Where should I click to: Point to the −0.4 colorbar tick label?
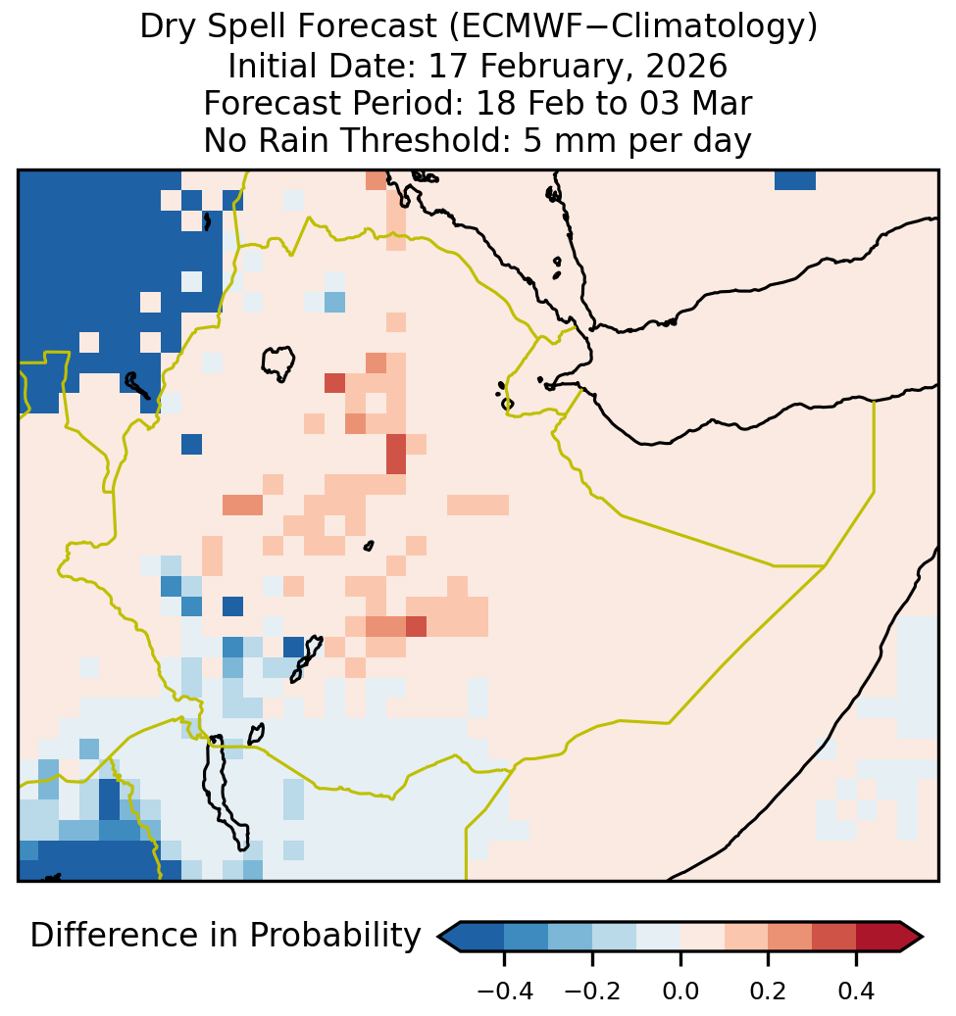pos(505,992)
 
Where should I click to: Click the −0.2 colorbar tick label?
pos(592,992)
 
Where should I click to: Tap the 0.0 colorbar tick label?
pos(680,992)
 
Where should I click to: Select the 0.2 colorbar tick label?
pos(768,992)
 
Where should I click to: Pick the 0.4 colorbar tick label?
pos(856,992)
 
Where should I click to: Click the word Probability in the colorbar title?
pos(335,937)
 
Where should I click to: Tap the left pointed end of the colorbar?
pos(439,937)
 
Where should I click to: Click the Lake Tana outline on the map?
pos(277,363)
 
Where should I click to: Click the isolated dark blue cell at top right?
pos(795,180)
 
